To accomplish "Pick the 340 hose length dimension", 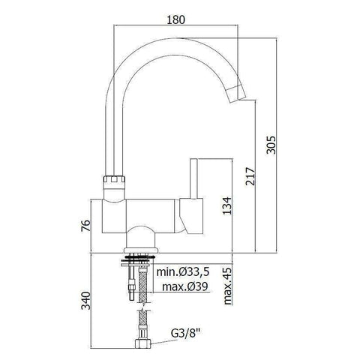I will pos(85,301).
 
